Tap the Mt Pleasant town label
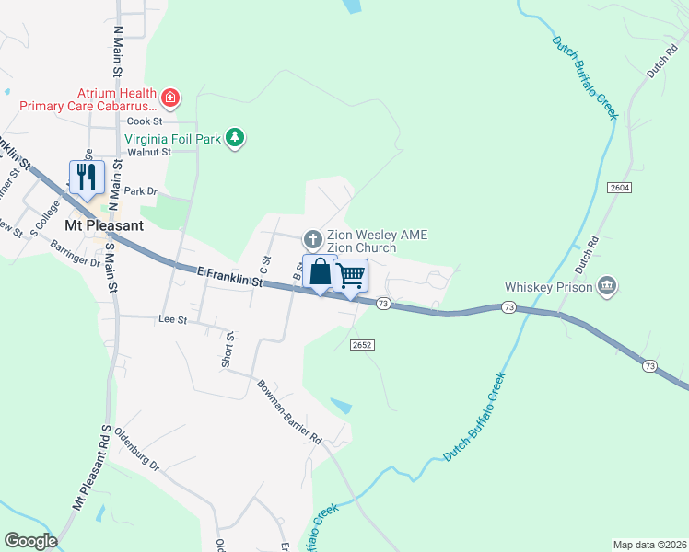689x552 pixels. click(103, 225)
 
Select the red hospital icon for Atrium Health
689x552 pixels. click(169, 97)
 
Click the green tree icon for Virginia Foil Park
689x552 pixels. click(236, 138)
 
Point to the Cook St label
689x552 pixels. click(145, 121)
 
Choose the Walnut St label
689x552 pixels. click(149, 152)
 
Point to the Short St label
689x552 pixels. click(228, 350)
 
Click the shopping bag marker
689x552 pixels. click(320, 272)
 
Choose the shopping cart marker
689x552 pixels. click(351, 274)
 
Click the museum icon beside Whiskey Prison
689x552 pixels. click(606, 286)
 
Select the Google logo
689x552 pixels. click(30, 541)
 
